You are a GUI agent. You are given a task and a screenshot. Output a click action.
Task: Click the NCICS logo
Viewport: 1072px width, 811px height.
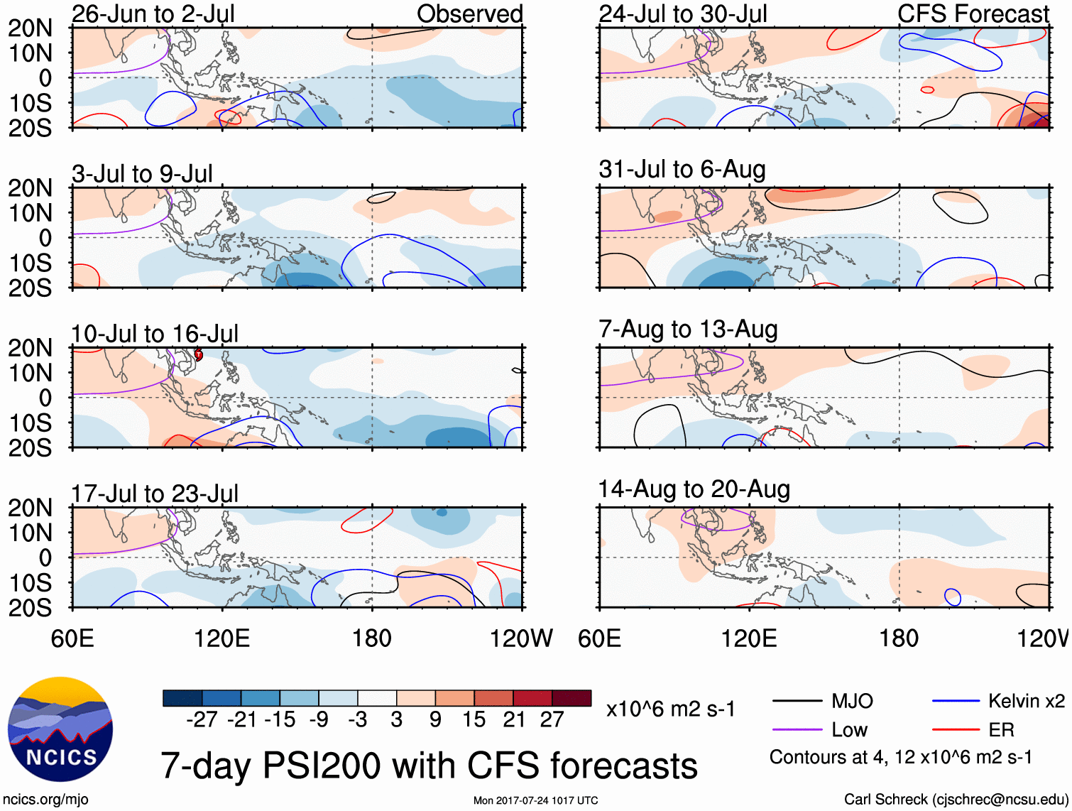point(60,729)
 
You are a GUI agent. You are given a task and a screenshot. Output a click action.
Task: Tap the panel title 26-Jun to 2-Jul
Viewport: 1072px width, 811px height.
point(153,13)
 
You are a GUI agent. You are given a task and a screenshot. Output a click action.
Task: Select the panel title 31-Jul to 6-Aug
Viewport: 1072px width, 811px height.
point(682,170)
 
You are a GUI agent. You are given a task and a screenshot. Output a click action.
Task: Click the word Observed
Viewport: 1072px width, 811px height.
point(469,13)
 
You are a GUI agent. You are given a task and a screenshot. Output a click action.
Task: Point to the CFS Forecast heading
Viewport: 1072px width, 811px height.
point(973,13)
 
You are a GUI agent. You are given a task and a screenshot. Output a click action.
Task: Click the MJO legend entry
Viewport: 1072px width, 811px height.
point(852,702)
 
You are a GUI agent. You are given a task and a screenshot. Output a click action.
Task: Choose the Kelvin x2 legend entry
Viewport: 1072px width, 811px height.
point(1026,702)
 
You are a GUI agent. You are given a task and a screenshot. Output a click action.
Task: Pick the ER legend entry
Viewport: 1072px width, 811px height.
point(1001,730)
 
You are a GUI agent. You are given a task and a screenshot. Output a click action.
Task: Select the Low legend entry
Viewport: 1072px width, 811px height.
point(850,730)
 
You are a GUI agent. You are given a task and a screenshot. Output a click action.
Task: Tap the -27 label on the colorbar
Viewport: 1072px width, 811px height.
point(202,720)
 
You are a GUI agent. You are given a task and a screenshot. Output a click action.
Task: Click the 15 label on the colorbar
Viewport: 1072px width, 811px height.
point(474,720)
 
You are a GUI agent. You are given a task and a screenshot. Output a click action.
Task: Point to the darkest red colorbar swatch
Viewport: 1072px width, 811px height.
point(571,698)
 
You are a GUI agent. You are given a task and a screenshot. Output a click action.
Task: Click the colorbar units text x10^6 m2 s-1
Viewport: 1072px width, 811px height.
point(670,709)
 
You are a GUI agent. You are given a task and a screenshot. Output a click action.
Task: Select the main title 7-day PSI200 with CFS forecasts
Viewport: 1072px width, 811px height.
point(429,766)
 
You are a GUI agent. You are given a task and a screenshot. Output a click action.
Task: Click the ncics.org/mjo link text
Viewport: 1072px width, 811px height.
point(45,800)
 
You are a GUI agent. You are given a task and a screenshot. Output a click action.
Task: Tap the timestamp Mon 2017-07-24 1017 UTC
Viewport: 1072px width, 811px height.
point(535,800)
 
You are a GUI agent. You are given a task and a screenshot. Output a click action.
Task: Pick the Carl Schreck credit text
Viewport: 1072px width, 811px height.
point(956,800)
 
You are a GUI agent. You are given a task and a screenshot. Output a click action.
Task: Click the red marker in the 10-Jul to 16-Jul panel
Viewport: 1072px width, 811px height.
point(199,354)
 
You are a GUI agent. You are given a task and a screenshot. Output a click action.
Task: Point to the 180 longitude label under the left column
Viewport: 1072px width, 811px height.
point(372,638)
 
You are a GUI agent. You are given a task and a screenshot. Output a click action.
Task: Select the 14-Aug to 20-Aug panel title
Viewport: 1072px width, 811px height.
point(694,489)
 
